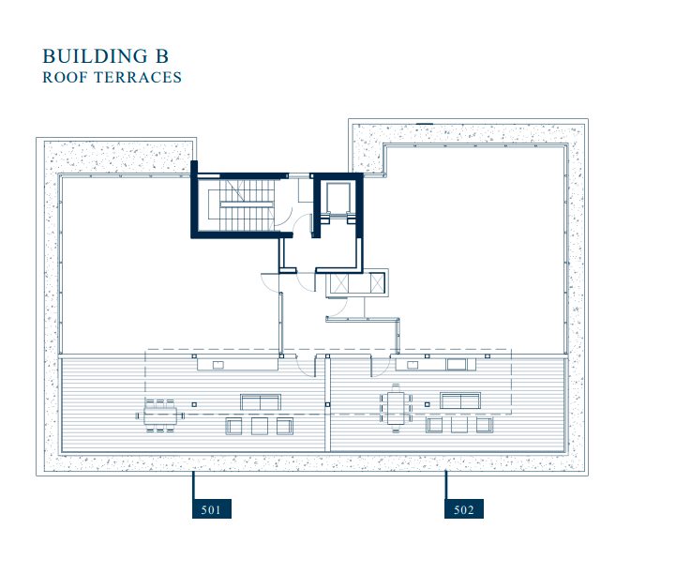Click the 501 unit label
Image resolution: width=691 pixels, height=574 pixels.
(x=212, y=508)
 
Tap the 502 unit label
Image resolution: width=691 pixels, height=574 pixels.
(x=463, y=508)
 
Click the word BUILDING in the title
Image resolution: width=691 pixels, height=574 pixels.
(x=94, y=56)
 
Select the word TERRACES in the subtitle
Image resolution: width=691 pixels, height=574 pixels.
(x=140, y=77)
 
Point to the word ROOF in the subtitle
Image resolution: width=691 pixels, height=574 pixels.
(x=67, y=77)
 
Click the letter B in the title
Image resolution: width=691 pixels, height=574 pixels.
(x=161, y=56)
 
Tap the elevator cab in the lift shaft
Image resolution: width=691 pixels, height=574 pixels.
(x=338, y=197)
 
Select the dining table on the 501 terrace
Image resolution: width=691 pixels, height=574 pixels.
(x=160, y=415)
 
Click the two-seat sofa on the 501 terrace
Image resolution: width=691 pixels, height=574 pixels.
(x=261, y=402)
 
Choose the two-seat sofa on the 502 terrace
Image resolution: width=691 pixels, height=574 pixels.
(x=460, y=400)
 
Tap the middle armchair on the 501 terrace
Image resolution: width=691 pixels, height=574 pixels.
(x=260, y=426)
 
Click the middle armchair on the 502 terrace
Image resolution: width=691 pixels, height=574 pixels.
(x=459, y=425)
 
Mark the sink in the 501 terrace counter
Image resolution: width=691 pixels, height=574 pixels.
(x=218, y=365)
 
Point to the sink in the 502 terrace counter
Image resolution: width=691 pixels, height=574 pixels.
(x=413, y=365)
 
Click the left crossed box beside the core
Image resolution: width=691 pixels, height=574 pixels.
(x=339, y=282)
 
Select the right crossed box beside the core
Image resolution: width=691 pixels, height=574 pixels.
(x=377, y=282)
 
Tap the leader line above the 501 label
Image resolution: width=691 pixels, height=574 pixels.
(x=193, y=485)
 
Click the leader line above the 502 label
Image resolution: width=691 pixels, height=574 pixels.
(x=445, y=485)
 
